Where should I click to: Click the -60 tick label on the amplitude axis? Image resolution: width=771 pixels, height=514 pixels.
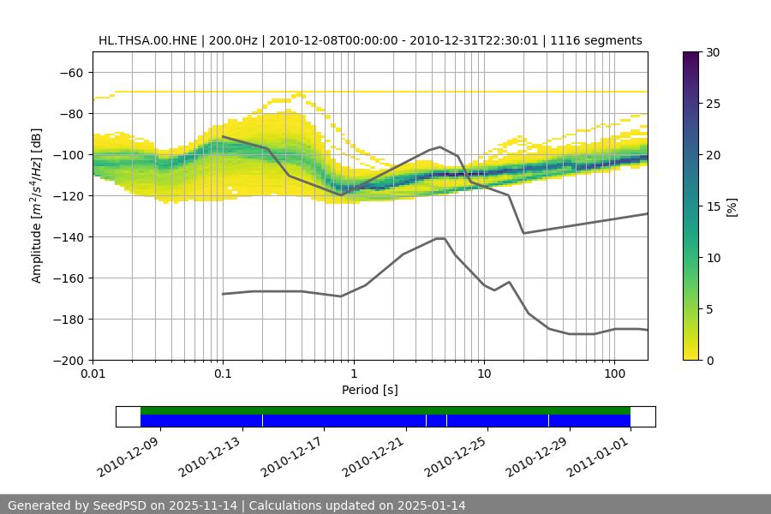[70, 72]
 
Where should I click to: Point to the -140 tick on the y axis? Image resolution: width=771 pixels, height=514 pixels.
[67, 236]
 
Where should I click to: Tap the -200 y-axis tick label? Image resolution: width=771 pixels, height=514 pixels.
[67, 360]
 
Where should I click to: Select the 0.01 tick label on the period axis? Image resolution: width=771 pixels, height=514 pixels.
[93, 374]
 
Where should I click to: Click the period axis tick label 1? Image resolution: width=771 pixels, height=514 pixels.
[354, 374]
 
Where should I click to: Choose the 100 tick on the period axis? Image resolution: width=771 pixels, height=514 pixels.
[614, 374]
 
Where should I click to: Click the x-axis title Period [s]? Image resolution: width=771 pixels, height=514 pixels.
[369, 390]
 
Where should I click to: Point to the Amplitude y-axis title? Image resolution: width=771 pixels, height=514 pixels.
[37, 206]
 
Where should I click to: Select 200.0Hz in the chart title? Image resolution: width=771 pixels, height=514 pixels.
[230, 40]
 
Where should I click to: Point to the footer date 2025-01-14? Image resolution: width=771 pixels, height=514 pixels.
[427, 505]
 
